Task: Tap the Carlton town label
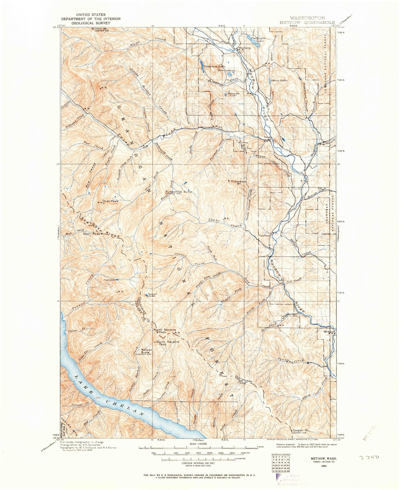coord(265,235)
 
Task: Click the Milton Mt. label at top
coord(100,29)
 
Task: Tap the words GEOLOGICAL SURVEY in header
coord(91,23)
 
